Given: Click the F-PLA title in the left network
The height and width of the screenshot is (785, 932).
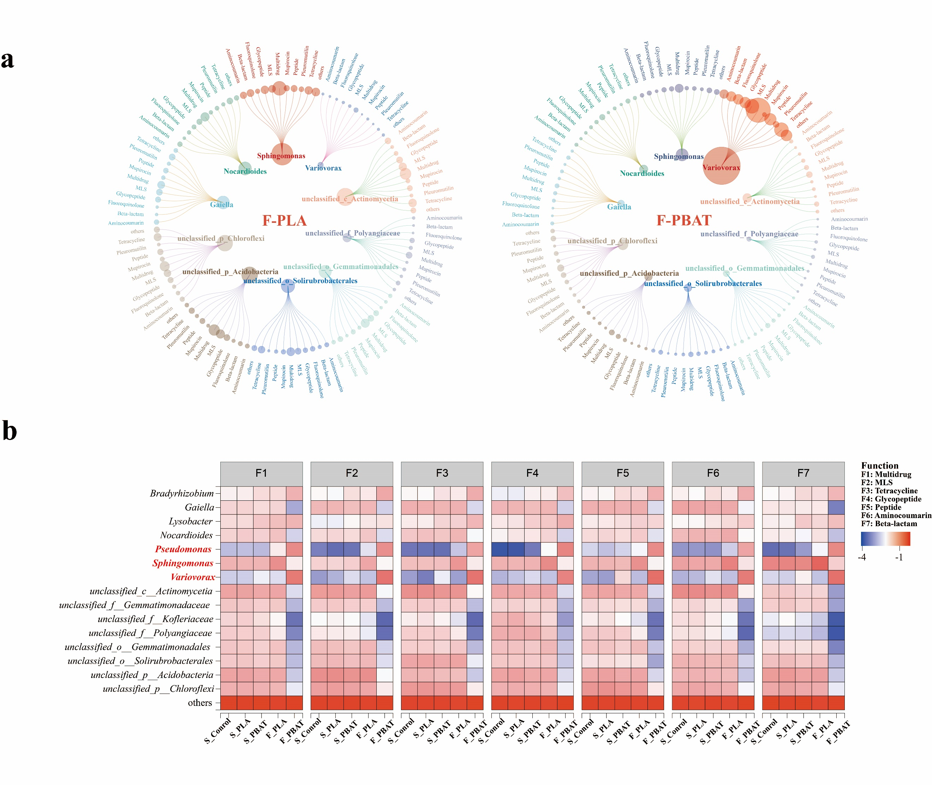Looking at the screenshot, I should (284, 221).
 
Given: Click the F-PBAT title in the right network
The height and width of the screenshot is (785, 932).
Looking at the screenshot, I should (684, 221).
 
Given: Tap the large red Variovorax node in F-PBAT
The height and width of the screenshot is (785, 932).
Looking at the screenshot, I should (721, 166).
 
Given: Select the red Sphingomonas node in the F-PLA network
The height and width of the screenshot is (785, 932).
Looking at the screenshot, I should (282, 154).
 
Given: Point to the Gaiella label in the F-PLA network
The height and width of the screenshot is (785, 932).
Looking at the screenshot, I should (222, 205).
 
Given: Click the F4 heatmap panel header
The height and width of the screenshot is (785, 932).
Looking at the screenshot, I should (532, 473).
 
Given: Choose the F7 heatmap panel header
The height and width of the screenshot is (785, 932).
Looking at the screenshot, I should (803, 473).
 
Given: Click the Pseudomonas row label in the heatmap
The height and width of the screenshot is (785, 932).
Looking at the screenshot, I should (183, 549).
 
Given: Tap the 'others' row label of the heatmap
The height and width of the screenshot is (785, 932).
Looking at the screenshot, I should (200, 703).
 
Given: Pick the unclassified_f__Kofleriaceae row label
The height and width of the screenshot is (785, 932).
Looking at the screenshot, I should (155, 619).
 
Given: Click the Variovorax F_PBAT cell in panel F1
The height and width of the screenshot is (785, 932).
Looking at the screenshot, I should (294, 577).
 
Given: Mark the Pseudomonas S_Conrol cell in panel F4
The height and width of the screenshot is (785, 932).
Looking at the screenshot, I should (500, 549).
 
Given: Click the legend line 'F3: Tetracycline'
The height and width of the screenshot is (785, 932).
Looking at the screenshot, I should (889, 491).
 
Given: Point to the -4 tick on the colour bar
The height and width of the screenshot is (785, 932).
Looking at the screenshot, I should (862, 558).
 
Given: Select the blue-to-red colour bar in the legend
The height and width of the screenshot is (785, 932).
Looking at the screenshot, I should (885, 539).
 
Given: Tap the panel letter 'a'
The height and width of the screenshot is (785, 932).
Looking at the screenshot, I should (7, 60).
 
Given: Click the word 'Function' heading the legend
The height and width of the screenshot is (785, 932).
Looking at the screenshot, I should (879, 465).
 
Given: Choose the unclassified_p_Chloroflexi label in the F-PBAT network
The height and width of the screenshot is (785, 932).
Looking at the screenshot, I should (612, 241).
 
